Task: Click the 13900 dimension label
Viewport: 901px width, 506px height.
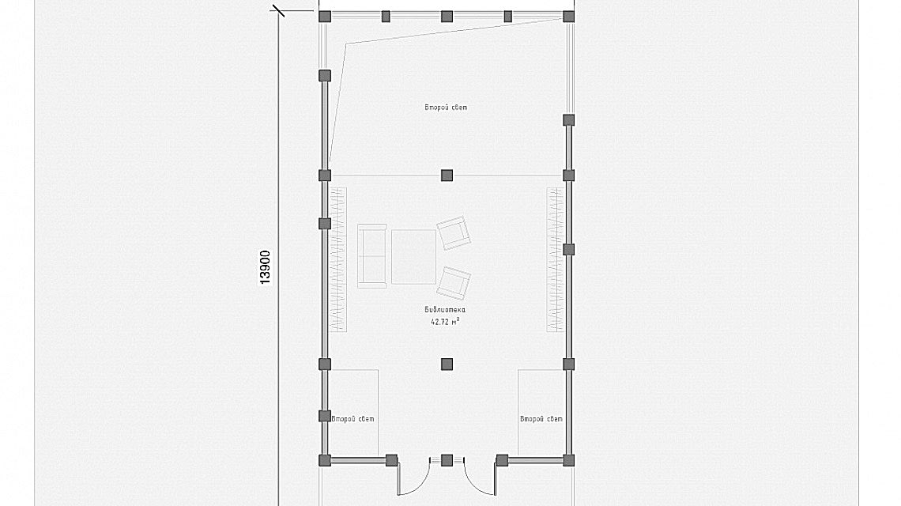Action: (x=265, y=267)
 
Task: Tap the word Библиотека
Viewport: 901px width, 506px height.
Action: (x=445, y=310)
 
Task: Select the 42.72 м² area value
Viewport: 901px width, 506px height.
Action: (x=445, y=322)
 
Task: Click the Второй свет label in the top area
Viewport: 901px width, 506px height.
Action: (x=446, y=108)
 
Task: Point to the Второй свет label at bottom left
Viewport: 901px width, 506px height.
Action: (x=352, y=418)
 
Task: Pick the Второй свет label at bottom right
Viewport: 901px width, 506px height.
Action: (x=541, y=418)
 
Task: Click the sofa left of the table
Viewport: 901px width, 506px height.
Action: (x=372, y=256)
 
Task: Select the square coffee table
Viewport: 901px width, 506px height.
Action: (x=413, y=256)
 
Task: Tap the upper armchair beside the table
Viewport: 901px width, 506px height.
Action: (x=454, y=232)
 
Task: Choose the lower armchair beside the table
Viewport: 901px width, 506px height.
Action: (x=454, y=282)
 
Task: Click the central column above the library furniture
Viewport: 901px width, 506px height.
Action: (x=447, y=176)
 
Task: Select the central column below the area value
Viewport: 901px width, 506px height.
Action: (x=447, y=364)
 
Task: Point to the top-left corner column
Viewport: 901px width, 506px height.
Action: (x=326, y=16)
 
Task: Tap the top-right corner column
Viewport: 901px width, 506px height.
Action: (x=568, y=16)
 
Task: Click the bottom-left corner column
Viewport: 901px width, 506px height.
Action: (x=326, y=460)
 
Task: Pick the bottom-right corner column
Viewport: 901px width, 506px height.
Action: (x=568, y=460)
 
